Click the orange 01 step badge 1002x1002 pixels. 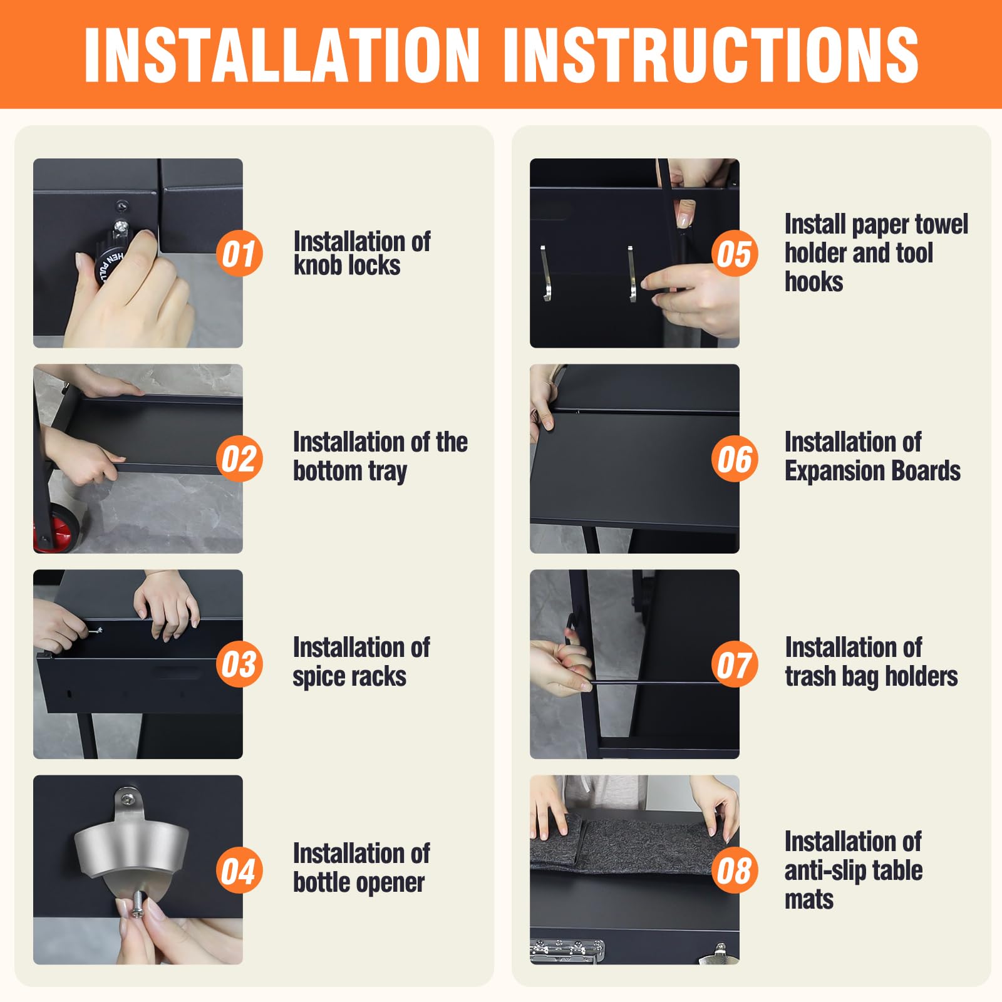[239, 254]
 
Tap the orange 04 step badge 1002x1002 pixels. [239, 870]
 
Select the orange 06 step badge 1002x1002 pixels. [735, 459]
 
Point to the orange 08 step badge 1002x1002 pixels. [735, 870]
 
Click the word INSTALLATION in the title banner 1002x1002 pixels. [282, 54]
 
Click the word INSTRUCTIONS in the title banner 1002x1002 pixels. [710, 54]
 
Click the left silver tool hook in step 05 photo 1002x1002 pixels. [545, 272]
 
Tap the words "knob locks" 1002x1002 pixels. [347, 266]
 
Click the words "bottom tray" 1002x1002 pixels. [350, 471]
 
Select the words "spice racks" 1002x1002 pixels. [349, 676]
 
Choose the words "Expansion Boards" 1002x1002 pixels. [872, 471]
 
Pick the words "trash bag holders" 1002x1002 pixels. [871, 676]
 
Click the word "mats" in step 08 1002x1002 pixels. [809, 900]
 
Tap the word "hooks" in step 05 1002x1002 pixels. [813, 282]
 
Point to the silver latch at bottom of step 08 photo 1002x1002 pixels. [567, 951]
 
